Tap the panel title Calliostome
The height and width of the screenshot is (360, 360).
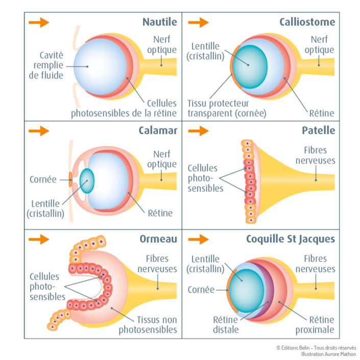(307, 22)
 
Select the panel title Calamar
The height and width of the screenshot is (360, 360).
(158, 130)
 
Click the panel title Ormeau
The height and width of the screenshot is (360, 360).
(158, 239)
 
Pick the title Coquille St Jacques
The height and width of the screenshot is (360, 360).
(291, 239)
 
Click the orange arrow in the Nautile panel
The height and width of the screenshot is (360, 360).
(39, 22)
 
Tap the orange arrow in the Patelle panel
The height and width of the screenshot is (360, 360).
(198, 131)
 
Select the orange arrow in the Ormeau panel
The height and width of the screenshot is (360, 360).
(39, 239)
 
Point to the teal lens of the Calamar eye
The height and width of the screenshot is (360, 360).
(87, 180)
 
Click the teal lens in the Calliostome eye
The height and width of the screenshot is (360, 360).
(249, 63)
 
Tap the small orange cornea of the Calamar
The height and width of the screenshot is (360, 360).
(70, 179)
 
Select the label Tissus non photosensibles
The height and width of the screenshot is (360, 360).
(149, 325)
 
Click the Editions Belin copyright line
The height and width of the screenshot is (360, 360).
(316, 347)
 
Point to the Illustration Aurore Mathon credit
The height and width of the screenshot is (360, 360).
(328, 353)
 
